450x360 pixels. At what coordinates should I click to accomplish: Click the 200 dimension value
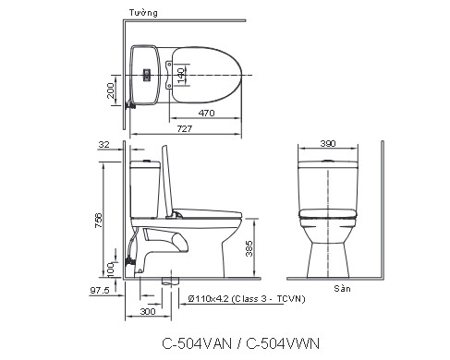(112, 90)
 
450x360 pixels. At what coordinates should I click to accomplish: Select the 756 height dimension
(100, 218)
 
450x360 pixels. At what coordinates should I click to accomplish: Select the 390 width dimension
(327, 146)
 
